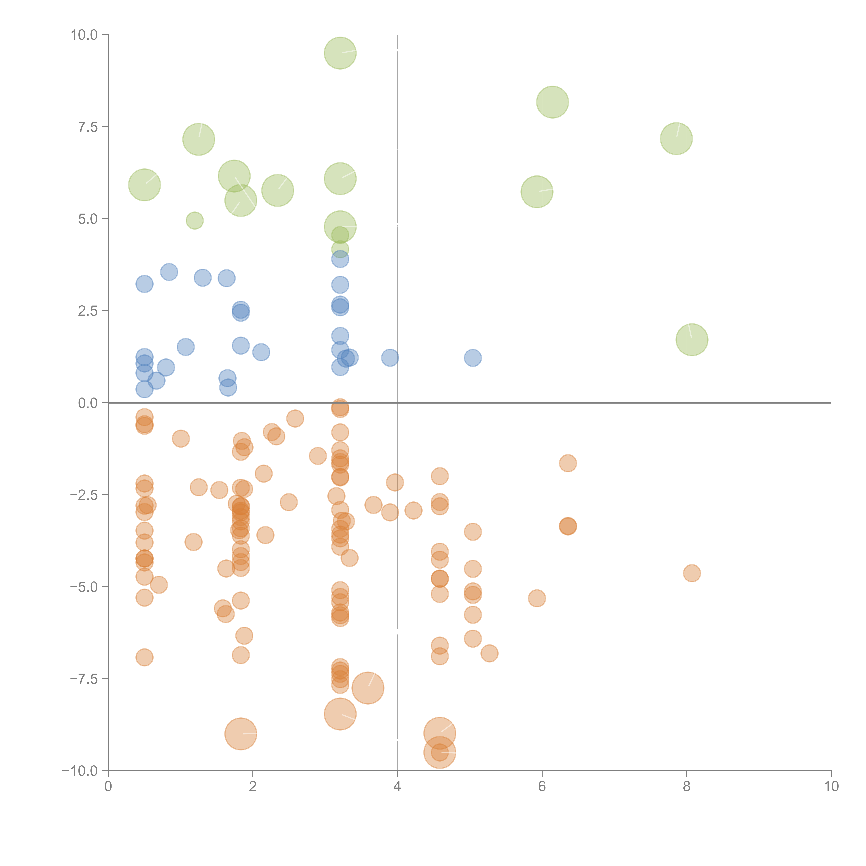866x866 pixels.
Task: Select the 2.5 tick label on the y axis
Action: [x=88, y=311]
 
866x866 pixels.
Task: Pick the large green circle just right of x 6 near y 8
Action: [x=552, y=102]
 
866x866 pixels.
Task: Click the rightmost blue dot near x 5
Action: [x=472, y=358]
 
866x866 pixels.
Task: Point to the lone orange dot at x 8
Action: [x=692, y=573]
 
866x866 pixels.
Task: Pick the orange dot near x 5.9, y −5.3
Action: [x=537, y=598]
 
